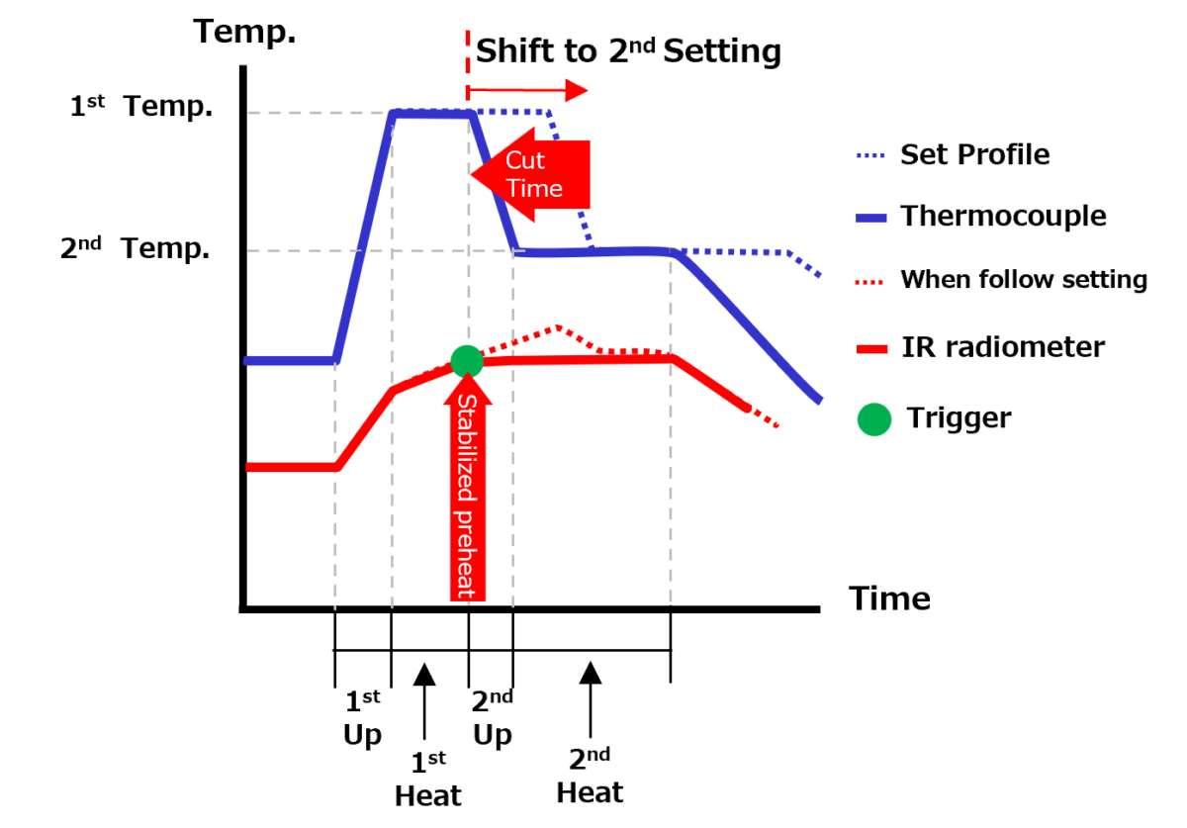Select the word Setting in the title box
click(722, 50)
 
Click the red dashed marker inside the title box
click(468, 50)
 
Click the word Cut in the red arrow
click(525, 160)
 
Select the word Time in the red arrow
click(534, 189)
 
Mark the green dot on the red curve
click(467, 361)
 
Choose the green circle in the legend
click(874, 419)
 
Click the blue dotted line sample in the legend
click(870, 155)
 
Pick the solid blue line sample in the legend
click(871, 218)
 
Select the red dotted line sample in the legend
click(869, 283)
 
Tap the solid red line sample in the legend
click(871, 349)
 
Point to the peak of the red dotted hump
click(560, 327)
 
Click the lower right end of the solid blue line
click(818, 400)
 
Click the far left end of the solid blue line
click(248, 361)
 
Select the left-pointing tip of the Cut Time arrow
click(472, 174)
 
